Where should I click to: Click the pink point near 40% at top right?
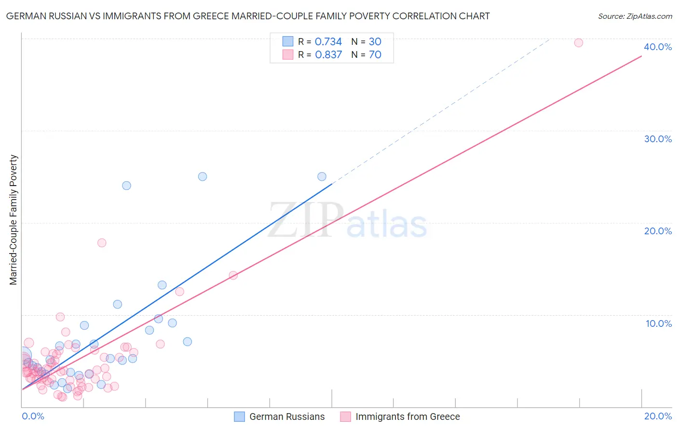(x=578, y=42)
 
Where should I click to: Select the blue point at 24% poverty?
(x=126, y=186)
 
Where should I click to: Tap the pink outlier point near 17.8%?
(x=102, y=242)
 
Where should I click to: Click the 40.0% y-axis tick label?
(x=658, y=47)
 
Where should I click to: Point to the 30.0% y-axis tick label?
(x=658, y=139)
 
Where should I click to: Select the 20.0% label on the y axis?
(x=658, y=231)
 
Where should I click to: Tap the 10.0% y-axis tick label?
(x=659, y=323)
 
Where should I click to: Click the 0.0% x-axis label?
(x=33, y=416)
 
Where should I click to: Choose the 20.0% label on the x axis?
(x=658, y=416)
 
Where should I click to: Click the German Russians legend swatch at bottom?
(x=239, y=417)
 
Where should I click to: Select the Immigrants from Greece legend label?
(x=407, y=417)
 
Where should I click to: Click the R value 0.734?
(x=328, y=41)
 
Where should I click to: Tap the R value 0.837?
(x=328, y=54)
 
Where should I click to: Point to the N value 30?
(x=375, y=41)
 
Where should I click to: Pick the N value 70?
(x=375, y=54)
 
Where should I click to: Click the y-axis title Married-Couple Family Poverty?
(x=14, y=220)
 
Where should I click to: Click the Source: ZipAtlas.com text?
(x=635, y=16)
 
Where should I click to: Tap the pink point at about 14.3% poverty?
(x=233, y=275)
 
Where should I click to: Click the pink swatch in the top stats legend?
(x=288, y=54)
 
